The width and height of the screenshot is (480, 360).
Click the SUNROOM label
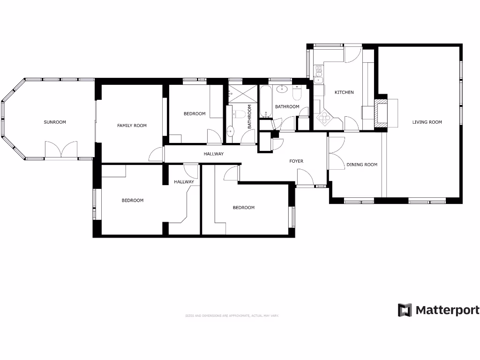coord(55,122)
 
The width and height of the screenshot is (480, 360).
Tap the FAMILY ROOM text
coord(132,126)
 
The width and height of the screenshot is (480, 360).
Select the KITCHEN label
coord(344,92)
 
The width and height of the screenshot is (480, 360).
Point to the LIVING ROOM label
coord(427,122)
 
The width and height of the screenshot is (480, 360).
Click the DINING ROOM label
coord(362,165)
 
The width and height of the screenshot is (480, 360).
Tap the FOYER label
coord(296,161)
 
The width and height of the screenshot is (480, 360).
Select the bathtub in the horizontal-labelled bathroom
coord(266,103)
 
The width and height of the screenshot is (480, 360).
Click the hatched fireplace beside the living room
coord(382,112)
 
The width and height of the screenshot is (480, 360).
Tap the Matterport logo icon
coord(405,310)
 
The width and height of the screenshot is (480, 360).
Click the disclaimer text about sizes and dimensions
coord(232,316)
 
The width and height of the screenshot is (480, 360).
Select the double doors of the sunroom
coord(61,150)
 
